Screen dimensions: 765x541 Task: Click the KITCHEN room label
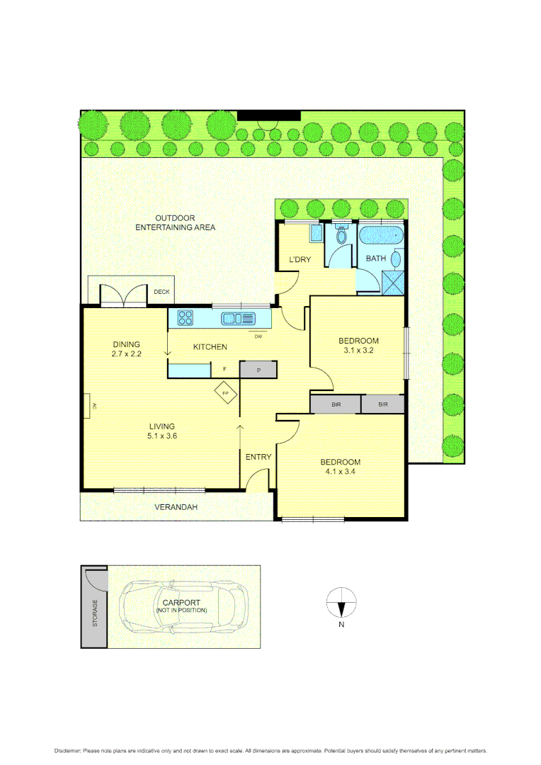(x=210, y=346)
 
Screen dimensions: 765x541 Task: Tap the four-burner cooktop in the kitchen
(x=186, y=318)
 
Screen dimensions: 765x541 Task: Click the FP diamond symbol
(x=226, y=393)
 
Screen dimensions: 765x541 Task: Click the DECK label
(x=161, y=292)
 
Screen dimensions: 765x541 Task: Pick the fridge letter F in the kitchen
(x=224, y=369)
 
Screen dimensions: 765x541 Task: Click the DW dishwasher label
(x=258, y=336)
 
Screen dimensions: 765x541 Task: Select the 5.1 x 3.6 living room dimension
(x=162, y=436)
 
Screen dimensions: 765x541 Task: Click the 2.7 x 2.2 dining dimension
(x=127, y=353)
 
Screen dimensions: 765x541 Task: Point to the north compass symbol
(x=341, y=604)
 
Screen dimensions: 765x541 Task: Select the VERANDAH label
(x=176, y=507)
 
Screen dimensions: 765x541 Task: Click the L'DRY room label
(x=300, y=259)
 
